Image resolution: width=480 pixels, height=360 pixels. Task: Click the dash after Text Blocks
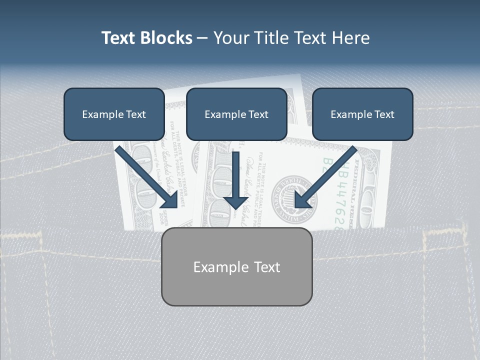point(202,38)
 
